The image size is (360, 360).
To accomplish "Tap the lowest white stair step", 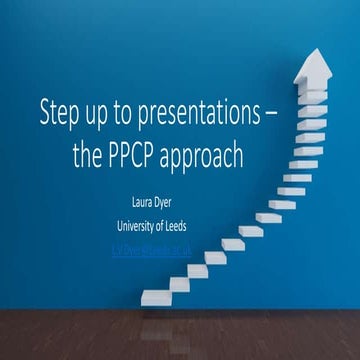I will (161, 298).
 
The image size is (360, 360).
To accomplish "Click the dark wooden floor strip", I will (180, 335).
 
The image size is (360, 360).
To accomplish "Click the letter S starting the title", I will (45, 110).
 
